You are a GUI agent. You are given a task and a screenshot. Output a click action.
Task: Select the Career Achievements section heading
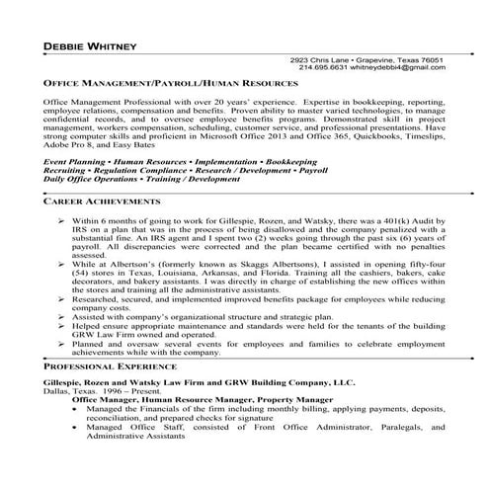(x=102, y=200)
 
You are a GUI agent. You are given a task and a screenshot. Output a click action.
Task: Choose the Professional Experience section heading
(x=109, y=365)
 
